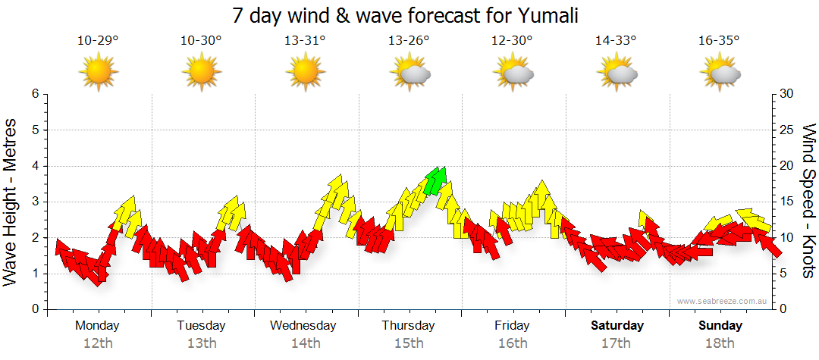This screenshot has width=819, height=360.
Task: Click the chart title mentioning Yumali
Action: point(409,15)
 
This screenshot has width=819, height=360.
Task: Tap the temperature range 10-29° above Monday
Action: point(98,41)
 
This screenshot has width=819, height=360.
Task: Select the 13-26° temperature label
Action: point(409,41)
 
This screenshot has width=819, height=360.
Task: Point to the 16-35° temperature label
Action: point(719,41)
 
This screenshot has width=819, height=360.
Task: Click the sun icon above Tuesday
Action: point(201,73)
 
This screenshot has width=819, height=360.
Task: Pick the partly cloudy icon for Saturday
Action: point(618,73)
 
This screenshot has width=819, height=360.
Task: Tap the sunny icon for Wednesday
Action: point(305,73)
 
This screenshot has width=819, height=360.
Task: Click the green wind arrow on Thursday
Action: point(436,180)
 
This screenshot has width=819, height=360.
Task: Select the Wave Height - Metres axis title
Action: point(11,202)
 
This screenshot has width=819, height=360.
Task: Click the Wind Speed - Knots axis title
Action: point(808,202)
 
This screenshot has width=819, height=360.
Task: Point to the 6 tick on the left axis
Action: point(34,94)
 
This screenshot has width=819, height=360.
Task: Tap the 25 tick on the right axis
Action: point(788,130)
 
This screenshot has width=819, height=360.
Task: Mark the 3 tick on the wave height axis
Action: point(34,202)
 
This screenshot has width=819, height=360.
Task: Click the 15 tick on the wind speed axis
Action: point(788,202)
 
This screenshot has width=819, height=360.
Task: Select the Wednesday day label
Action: point(303,326)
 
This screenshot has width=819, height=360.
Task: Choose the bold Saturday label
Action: point(617,326)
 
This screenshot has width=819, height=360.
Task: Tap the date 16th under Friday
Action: point(513,343)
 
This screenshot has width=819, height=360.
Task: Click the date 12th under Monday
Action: point(98,343)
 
